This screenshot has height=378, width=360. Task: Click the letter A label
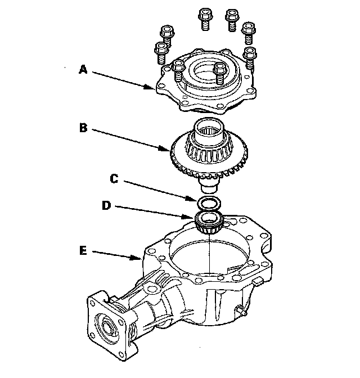pos(82,70)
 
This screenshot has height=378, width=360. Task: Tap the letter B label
pos(82,127)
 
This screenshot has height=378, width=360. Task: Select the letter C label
pos(114,179)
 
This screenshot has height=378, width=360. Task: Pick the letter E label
pos(83,252)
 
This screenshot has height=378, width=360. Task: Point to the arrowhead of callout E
pos(141,259)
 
